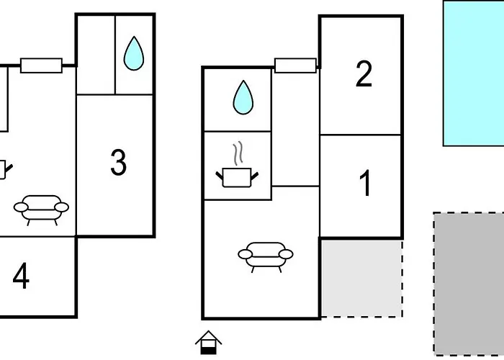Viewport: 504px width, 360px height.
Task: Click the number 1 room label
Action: click(365, 184)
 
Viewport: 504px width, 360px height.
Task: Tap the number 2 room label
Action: click(364, 75)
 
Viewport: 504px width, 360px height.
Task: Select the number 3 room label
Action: click(119, 163)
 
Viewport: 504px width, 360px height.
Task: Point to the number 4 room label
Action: click(21, 276)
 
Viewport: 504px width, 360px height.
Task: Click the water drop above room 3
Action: click(133, 54)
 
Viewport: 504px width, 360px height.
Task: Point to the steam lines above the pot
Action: click(238, 153)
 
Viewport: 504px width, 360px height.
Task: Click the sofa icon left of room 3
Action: click(41, 209)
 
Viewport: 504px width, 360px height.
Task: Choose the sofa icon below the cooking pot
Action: click(266, 255)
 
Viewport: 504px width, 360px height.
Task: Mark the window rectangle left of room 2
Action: click(295, 66)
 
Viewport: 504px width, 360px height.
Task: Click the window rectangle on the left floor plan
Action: click(41, 66)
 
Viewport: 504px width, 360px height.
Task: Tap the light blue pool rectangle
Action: click(473, 73)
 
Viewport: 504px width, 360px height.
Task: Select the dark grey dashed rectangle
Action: click(469, 284)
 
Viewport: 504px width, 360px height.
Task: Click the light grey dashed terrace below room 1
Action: click(361, 278)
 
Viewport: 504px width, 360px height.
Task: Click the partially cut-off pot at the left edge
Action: click(3, 170)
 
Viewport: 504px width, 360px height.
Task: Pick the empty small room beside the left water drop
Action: click(96, 55)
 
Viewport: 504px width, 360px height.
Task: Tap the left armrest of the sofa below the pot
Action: click(244, 254)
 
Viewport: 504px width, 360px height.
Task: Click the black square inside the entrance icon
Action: click(209, 349)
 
